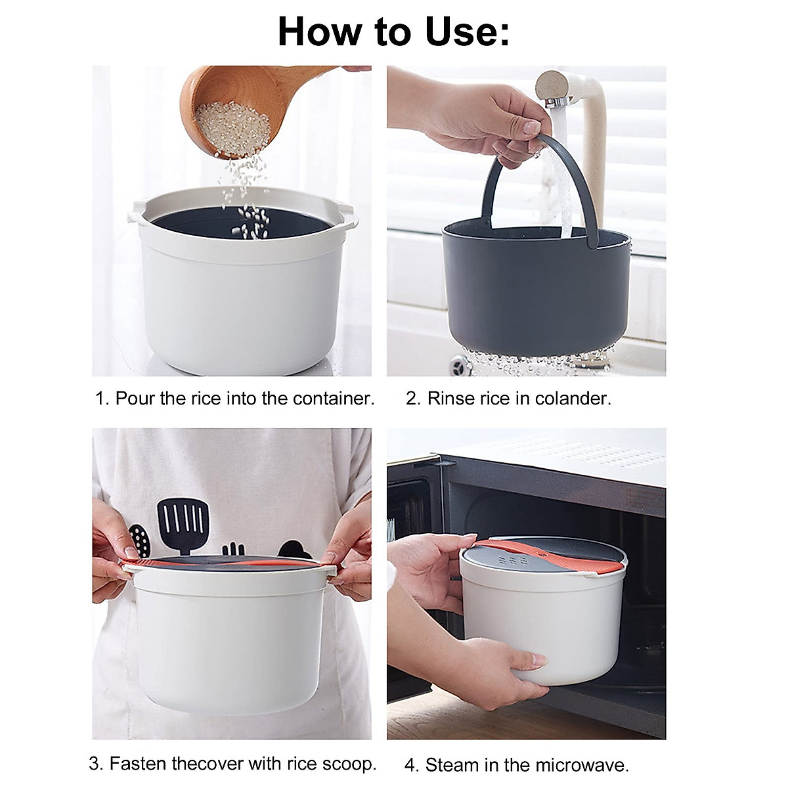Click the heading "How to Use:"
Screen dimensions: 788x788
pos(393,31)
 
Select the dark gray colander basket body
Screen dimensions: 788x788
pos(535,289)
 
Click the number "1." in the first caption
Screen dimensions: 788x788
pos(102,398)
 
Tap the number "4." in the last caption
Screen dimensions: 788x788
pos(412,765)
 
